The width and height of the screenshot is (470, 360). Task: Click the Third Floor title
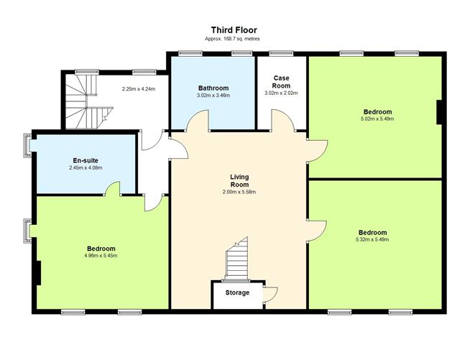pyautogui.click(x=234, y=30)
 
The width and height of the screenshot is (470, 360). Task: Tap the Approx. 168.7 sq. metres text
pyautogui.click(x=232, y=39)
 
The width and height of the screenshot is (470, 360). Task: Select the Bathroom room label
pyautogui.click(x=213, y=88)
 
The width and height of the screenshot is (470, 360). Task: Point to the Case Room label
pyautogui.click(x=282, y=82)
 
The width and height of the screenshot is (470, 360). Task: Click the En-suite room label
pyautogui.click(x=86, y=161)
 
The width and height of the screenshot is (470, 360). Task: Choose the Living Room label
pyautogui.click(x=239, y=181)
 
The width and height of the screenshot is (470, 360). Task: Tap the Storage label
pyautogui.click(x=237, y=292)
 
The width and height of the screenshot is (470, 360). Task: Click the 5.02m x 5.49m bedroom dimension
pyautogui.click(x=378, y=119)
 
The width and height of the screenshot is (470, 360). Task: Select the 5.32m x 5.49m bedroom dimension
pyautogui.click(x=372, y=239)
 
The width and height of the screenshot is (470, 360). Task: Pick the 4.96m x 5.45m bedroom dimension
pyautogui.click(x=101, y=256)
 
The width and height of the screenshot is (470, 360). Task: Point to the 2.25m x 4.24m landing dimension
pyautogui.click(x=139, y=89)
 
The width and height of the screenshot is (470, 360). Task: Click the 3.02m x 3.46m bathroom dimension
pyautogui.click(x=213, y=96)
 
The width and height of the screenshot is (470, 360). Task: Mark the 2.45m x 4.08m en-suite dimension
pyautogui.click(x=86, y=168)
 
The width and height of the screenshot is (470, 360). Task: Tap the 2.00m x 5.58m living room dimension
pyautogui.click(x=239, y=192)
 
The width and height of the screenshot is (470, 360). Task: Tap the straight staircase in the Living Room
pyautogui.click(x=237, y=259)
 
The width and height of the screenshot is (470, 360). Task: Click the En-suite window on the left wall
pyautogui.click(x=27, y=145)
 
